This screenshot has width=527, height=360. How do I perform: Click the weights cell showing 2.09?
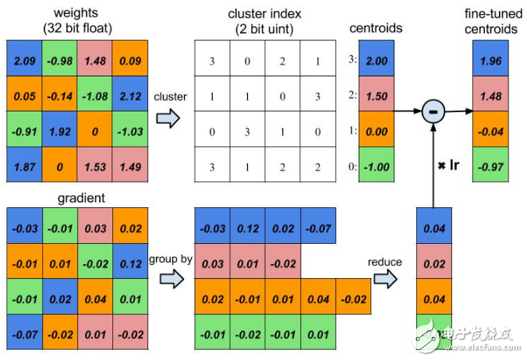pos(24,58)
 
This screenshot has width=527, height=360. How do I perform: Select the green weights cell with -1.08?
pos(94,94)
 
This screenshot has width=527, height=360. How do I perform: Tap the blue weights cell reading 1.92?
pos(59,129)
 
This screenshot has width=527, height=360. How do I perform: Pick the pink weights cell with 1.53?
pos(94,164)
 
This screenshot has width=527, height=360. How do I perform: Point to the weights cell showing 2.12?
pos(129,94)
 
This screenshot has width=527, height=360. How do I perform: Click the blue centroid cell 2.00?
pos(377,58)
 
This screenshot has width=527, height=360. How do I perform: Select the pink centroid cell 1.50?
pos(377,94)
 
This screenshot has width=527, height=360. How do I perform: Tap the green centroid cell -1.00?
pos(377,164)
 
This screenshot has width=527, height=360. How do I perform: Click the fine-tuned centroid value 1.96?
pos(490,58)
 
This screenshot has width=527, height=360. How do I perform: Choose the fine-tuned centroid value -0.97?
pos(490,164)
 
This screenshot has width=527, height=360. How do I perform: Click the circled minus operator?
pos(433,111)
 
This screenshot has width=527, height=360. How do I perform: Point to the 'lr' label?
pos(454,165)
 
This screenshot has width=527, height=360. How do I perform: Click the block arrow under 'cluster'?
pos(168,118)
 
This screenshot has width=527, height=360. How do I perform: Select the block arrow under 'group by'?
pos(172,279)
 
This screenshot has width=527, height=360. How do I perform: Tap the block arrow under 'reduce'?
pos(385,279)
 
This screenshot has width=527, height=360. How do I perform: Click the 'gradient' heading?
pos(81,198)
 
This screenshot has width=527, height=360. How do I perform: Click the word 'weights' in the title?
pos(76,12)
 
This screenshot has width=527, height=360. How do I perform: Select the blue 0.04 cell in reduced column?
pos(434,226)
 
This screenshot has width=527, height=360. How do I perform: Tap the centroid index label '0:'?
pos(353,166)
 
